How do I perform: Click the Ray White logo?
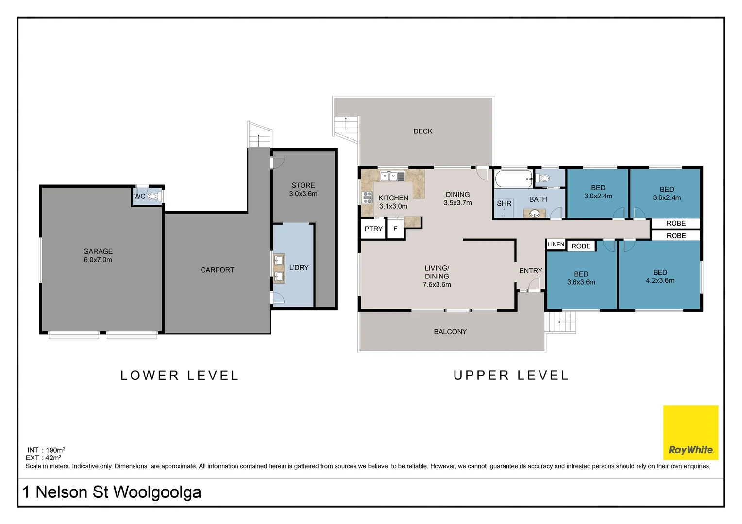(691, 432)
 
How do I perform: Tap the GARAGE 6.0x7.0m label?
(98, 256)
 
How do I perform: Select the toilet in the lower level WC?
(154, 196)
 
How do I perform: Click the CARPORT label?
(217, 270)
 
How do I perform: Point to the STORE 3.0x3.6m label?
(303, 189)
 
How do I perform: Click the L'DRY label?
(299, 267)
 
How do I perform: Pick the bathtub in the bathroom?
(514, 179)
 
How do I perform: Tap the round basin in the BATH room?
(535, 214)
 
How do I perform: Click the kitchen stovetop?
(367, 197)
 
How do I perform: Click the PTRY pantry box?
(373, 229)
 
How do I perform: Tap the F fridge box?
(395, 229)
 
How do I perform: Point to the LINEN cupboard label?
(556, 244)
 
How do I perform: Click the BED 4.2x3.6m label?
(660, 277)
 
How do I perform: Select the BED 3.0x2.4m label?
(598, 192)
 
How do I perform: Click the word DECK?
(422, 131)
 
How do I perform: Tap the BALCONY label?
(450, 332)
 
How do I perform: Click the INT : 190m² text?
(46, 450)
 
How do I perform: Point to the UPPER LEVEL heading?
(511, 376)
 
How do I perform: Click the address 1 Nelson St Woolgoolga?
(112, 492)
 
